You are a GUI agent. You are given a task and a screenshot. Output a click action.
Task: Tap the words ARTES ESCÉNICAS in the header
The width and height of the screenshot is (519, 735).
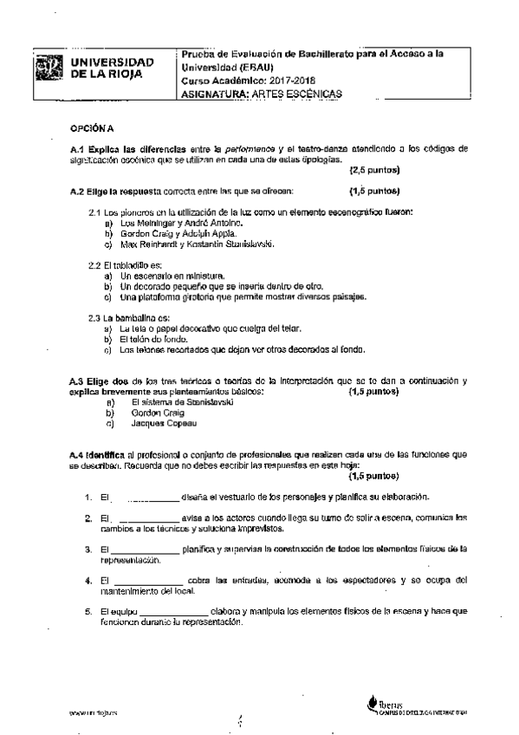[305, 93]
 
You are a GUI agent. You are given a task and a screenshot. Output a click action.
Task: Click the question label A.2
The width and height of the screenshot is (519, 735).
[78, 190]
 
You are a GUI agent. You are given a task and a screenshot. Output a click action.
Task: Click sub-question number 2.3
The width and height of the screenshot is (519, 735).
[96, 318]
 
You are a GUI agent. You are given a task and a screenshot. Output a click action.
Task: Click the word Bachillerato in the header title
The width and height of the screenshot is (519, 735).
[351, 54]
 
